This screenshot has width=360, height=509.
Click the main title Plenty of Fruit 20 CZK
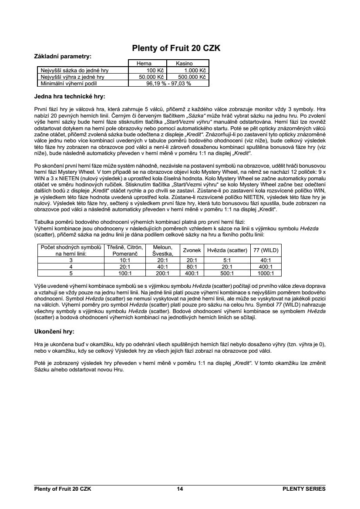click(176, 49)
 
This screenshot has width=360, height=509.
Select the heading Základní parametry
click(63, 57)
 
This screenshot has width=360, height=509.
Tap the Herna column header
click(144, 64)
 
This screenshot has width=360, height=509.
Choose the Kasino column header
click(184, 64)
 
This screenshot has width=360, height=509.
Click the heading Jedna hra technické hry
click(70, 96)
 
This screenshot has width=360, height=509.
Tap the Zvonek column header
click(191, 250)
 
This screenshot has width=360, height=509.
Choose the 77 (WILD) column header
click(266, 250)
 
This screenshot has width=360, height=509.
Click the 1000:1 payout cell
click(266, 273)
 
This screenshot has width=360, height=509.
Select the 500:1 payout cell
click(227, 273)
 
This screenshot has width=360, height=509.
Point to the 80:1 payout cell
click(192, 266)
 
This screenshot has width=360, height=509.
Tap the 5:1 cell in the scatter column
click(227, 260)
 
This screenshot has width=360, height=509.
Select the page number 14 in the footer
click(180, 489)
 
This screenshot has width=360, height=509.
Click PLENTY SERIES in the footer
click(304, 489)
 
